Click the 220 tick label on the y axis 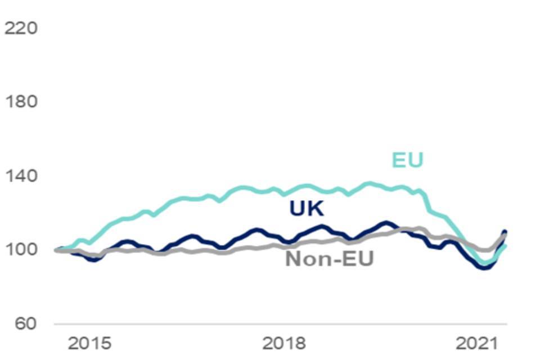pyautogui.click(x=21, y=28)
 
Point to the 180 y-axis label pyautogui.click(x=21, y=102)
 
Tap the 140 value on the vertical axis pyautogui.click(x=21, y=176)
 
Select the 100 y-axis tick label pyautogui.click(x=21, y=250)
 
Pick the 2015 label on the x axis pyautogui.click(x=89, y=343)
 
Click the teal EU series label pyautogui.click(x=407, y=161)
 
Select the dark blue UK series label pyautogui.click(x=307, y=209)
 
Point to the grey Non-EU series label pyautogui.click(x=330, y=259)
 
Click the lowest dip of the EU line pyautogui.click(x=484, y=263)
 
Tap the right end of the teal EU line pyautogui.click(x=506, y=246)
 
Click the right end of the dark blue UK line pyautogui.click(x=505, y=232)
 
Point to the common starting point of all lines pyautogui.click(x=56, y=250)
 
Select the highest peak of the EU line pyautogui.click(x=369, y=183)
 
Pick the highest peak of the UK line pyautogui.click(x=386, y=223)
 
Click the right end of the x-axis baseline pyautogui.click(x=506, y=324)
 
